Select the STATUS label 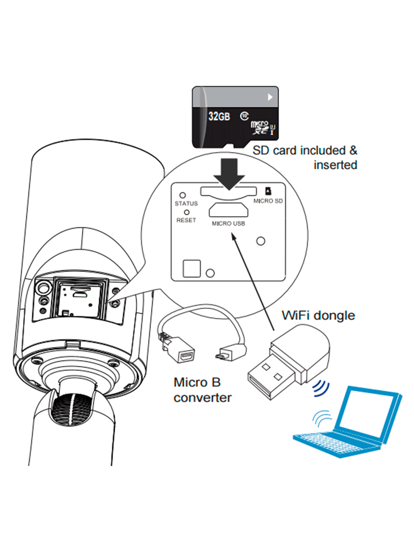[x=186, y=204]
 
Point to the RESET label [x=186, y=220]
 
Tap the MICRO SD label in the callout [x=267, y=201]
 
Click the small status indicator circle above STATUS [x=183, y=196]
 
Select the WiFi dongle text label [x=319, y=315]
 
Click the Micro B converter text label [x=202, y=390]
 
